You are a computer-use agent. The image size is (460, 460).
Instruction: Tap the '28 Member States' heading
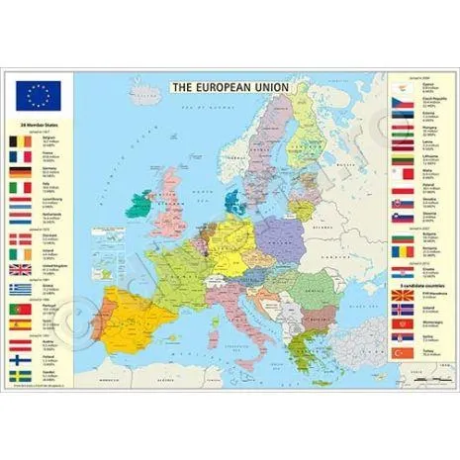(x=38, y=127)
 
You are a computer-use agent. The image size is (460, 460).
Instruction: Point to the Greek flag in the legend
(x=19, y=289)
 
